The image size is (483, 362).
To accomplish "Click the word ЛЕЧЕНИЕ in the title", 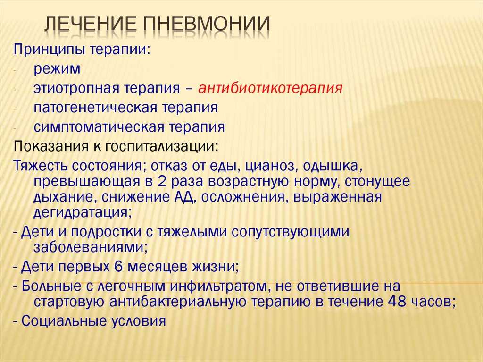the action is tap(91, 24).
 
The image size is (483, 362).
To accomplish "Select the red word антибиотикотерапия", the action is tap(270, 88).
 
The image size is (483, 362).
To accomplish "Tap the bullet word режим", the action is tap(57, 69).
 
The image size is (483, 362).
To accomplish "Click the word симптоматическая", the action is tap(99, 127).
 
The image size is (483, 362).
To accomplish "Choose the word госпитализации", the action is tap(162, 146).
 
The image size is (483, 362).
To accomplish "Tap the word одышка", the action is tap(333, 166).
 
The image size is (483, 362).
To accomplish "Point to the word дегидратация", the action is tap(82, 212).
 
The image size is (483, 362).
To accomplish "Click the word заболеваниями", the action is tap(90, 247).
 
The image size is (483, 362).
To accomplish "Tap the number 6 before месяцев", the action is tap(119, 267).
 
